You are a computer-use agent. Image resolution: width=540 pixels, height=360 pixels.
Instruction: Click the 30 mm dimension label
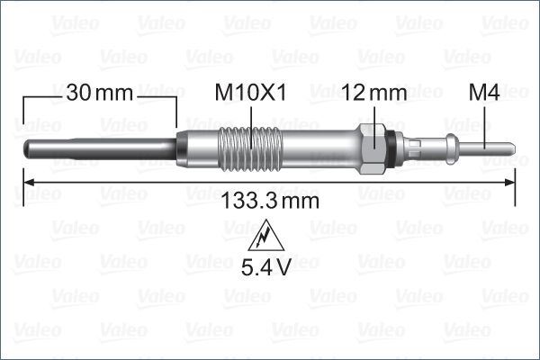point(99,93)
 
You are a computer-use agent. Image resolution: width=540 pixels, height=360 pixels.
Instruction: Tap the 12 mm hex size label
point(374,93)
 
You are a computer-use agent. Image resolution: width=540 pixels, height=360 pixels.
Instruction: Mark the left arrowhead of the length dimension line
point(27,183)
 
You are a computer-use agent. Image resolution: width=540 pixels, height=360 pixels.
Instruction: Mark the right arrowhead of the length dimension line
point(509,183)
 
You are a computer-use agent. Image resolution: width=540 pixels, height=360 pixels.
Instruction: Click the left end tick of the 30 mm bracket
point(22,108)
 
